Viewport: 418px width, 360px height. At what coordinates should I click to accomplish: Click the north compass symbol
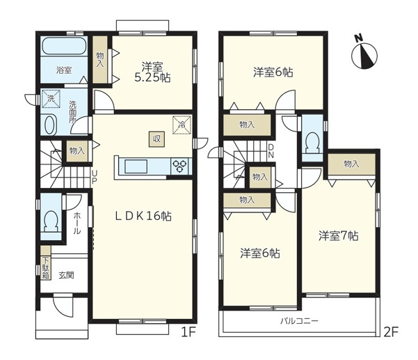pyautogui.click(x=364, y=54)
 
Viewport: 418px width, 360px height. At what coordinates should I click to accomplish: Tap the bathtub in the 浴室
pyautogui.click(x=64, y=46)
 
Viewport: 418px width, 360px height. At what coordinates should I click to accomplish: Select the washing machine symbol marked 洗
pyautogui.click(x=51, y=99)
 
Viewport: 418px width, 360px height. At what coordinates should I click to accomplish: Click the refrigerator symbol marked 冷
pyautogui.click(x=182, y=125)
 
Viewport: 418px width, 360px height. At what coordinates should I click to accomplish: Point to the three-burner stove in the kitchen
pyautogui.click(x=179, y=166)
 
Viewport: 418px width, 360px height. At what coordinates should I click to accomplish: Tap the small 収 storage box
pyautogui.click(x=156, y=139)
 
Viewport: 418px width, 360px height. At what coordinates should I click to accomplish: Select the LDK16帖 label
pyautogui.click(x=143, y=216)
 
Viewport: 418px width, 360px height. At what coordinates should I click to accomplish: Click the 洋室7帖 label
pyautogui.click(x=338, y=236)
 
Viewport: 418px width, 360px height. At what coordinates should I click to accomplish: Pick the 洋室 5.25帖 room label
pyautogui.click(x=152, y=72)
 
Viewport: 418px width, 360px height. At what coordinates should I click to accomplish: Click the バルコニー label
pyautogui.click(x=299, y=320)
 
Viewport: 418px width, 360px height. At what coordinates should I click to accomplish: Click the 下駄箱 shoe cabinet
pyautogui.click(x=46, y=263)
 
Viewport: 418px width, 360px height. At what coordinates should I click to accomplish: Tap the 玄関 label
pyautogui.click(x=66, y=275)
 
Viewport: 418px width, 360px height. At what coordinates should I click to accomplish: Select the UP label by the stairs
pyautogui.click(x=94, y=177)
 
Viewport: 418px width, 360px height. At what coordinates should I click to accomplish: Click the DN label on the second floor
pyautogui.click(x=271, y=151)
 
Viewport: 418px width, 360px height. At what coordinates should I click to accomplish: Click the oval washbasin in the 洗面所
pyautogui.click(x=50, y=125)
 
